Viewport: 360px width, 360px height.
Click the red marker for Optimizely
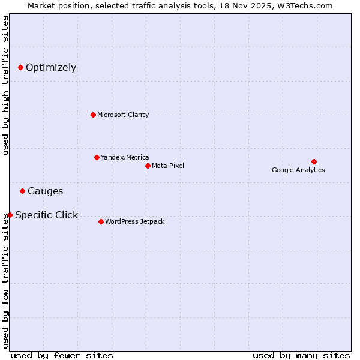point(20,67)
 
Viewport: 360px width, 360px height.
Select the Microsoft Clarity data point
point(93,115)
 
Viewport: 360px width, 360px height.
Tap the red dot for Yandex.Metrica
point(97,157)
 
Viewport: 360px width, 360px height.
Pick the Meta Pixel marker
point(148,166)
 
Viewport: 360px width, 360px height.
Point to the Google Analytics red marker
point(314,161)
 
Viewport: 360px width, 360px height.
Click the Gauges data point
point(22,191)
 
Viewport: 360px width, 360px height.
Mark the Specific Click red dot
point(10,215)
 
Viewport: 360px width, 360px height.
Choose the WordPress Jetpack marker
point(101,221)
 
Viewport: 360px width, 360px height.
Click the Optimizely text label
point(51,67)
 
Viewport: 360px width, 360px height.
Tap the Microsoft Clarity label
point(123,115)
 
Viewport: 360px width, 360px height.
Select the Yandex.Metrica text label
point(125,157)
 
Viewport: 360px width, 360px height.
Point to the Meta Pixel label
point(168,166)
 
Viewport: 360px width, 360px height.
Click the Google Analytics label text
point(298,170)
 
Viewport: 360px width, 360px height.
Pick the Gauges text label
point(45,191)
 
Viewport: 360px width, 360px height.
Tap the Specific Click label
point(46,215)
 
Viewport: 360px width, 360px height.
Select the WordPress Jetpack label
point(134,221)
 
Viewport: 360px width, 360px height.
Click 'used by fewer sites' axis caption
point(62,355)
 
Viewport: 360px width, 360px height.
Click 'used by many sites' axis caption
point(301,355)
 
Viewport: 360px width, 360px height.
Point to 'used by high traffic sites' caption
point(5,85)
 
